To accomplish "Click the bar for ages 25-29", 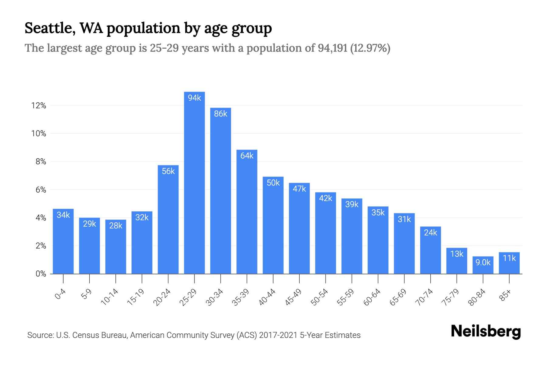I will [x=194, y=189].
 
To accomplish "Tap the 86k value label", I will [x=221, y=114].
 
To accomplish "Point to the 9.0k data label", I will [x=483, y=262].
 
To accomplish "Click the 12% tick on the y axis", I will [x=39, y=106].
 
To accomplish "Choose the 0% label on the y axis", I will [x=41, y=274].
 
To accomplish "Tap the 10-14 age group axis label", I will [x=109, y=297].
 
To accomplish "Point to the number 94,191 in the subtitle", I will [x=332, y=48].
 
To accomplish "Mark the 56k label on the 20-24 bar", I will [x=168, y=171].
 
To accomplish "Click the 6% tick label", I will [x=41, y=190].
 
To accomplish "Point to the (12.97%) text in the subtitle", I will [x=370, y=48].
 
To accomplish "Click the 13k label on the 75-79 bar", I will [x=457, y=254].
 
